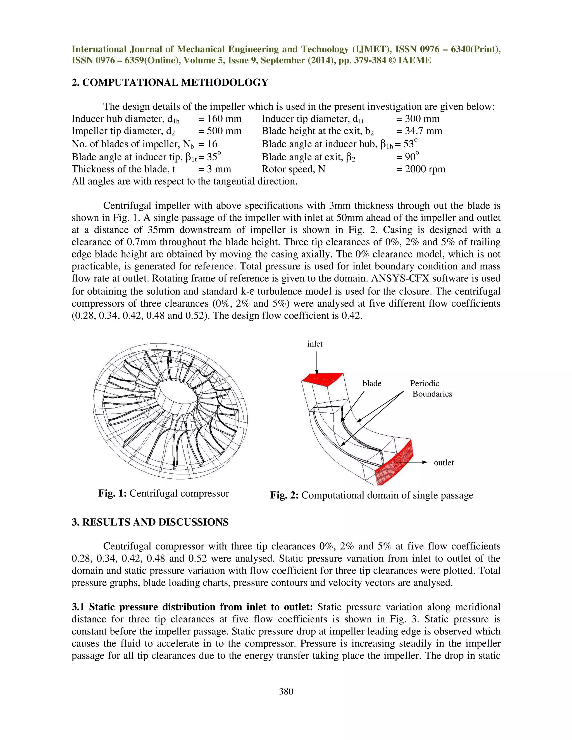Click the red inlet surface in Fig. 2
(322, 379)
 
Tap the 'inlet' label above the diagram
(315, 344)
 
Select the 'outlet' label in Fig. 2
(444, 462)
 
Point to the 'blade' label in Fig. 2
(372, 384)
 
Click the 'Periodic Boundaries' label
(430, 389)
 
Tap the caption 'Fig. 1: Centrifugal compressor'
(163, 493)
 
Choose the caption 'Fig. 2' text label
(284, 495)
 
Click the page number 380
(286, 691)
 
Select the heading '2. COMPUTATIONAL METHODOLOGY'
(170, 83)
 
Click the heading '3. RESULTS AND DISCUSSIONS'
(150, 522)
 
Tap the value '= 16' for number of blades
(208, 144)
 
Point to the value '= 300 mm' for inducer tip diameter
(418, 119)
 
